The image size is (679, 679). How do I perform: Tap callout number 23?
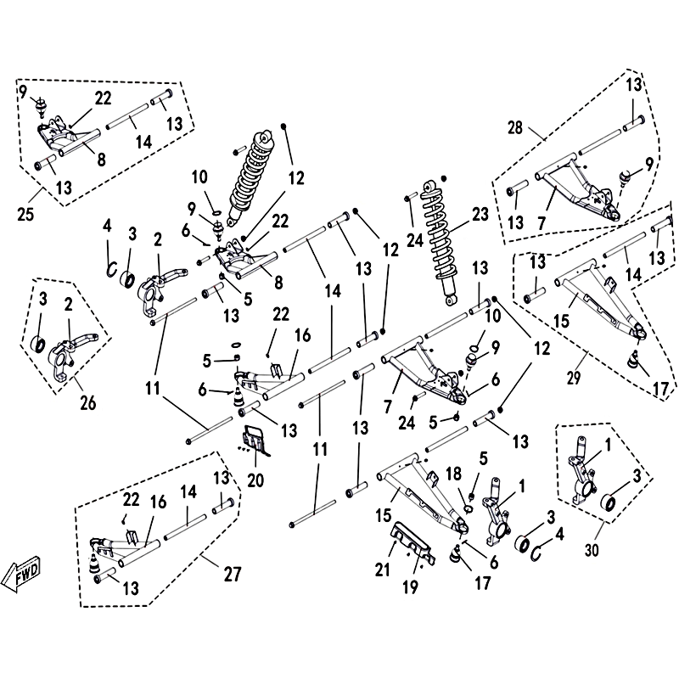click(481, 216)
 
